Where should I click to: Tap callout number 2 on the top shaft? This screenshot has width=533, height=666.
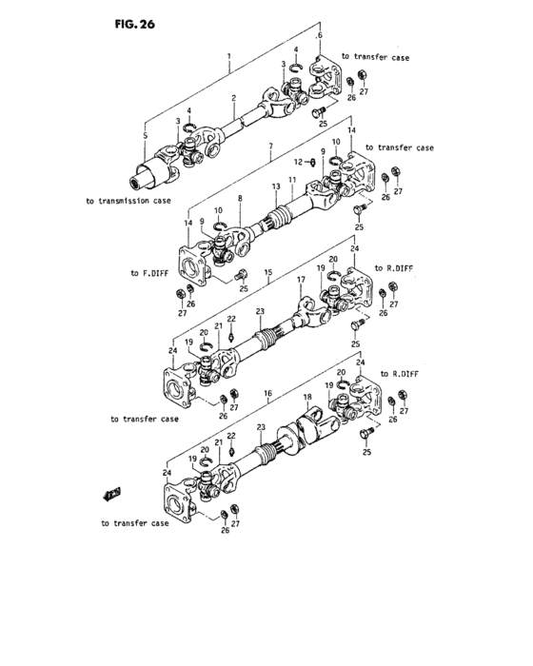233,98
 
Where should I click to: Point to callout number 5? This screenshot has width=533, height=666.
146,137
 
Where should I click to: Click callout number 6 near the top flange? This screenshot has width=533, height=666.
320,36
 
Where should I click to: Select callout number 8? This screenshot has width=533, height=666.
240,199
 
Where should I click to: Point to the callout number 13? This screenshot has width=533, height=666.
275,186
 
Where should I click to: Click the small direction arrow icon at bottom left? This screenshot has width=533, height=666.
110,493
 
